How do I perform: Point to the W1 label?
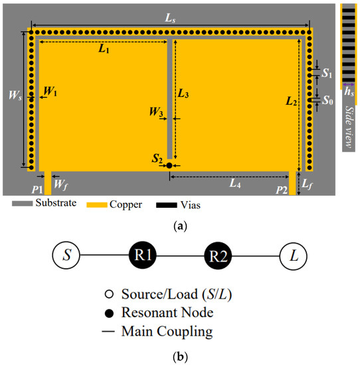[x=50, y=92]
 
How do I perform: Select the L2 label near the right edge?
[x=290, y=102]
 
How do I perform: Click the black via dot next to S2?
[x=170, y=165]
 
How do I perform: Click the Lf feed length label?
[x=306, y=181]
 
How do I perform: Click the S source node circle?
[x=66, y=256]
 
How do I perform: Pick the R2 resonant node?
[x=219, y=256]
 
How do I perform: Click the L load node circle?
[x=294, y=256]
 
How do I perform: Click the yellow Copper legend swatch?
[x=93, y=205]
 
